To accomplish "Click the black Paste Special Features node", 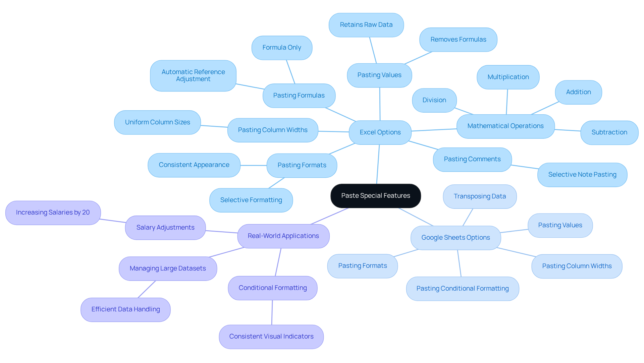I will pos(376,196).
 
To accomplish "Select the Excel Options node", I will pos(380,132).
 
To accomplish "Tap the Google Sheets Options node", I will pos(455,238).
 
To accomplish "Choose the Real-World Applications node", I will pos(283,236).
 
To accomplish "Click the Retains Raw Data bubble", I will pos(366,25).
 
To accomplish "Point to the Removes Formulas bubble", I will pos(458,40).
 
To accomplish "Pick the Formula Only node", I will pos(282,48).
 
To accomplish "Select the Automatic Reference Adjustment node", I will pos(193,76).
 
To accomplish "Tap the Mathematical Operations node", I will pos(505,126).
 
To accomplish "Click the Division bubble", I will pos(434,100).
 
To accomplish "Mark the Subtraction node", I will pos(609,132).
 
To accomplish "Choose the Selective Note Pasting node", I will pos(582,175).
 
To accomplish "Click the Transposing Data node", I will pos(480,196).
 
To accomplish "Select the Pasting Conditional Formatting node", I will pos(463,289).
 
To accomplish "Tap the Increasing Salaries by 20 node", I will pos(53,213).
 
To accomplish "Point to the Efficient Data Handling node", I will pos(125,309).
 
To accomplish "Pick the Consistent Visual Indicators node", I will pos(271,337).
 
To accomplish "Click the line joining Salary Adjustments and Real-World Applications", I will pos(221,232).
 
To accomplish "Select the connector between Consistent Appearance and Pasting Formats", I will pos(254,165).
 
